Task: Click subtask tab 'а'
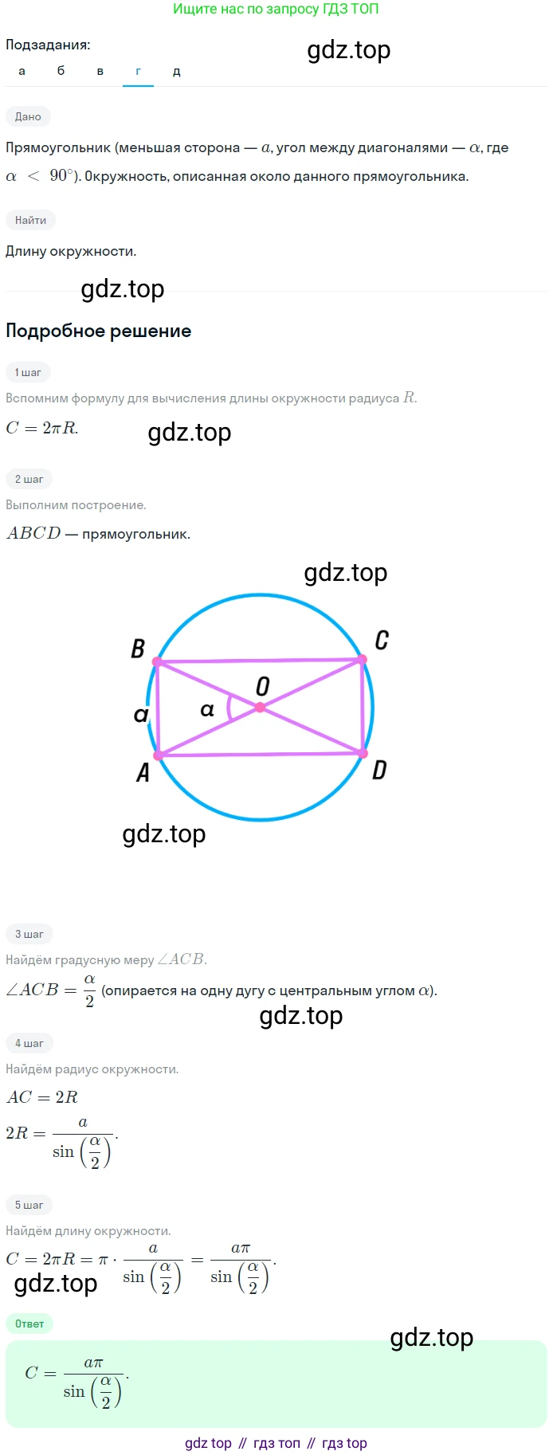tap(22, 71)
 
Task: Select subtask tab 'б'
tap(61, 71)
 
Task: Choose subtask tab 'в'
tap(100, 71)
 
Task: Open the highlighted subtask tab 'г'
tap(138, 71)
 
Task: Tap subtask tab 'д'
tap(177, 71)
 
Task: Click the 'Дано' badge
tap(28, 116)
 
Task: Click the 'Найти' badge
tap(30, 220)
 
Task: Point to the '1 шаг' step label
tap(28, 372)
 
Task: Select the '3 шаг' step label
tap(29, 934)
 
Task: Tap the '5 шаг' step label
tap(29, 1205)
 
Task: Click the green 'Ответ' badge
tap(29, 1324)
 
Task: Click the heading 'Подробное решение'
tap(99, 331)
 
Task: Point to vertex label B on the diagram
tap(138, 649)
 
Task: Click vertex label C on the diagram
tap(382, 640)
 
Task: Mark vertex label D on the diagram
tap(379, 770)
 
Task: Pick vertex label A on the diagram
tap(143, 772)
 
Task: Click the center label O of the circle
tap(262, 686)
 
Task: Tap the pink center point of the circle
tap(261, 708)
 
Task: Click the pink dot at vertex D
tap(363, 753)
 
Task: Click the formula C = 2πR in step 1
tap(42, 428)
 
